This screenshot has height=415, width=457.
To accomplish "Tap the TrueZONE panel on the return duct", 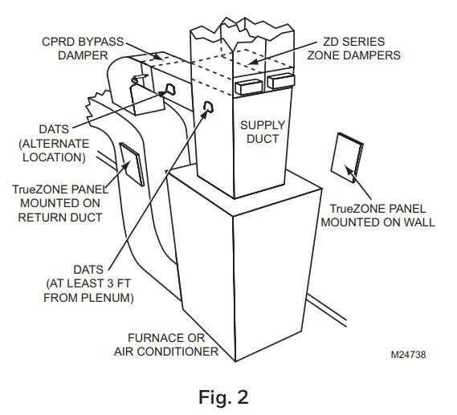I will click(132, 163).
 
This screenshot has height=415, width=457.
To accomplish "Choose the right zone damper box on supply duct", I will click(281, 82).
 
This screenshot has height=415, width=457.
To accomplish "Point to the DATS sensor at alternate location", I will click(170, 89).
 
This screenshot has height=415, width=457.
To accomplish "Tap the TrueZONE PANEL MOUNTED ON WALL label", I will click(377, 215).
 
